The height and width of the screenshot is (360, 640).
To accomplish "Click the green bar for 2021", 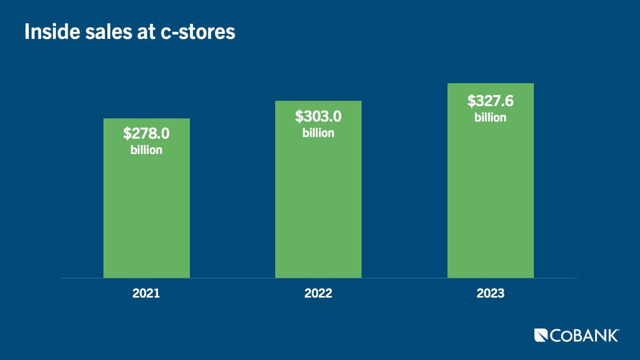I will (x=146, y=213).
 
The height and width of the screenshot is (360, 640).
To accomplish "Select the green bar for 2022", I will (x=318, y=208).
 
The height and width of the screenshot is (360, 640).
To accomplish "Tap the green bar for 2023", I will (x=490, y=203).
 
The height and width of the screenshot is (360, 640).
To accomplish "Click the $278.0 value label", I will (x=146, y=133).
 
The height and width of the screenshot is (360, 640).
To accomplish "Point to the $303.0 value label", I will (x=318, y=116).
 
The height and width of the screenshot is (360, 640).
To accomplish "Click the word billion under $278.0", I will (x=146, y=150).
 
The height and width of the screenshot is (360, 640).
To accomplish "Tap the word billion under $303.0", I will (x=318, y=133).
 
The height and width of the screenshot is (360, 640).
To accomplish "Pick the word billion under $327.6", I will (x=490, y=117).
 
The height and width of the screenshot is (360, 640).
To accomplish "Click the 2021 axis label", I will (x=146, y=294).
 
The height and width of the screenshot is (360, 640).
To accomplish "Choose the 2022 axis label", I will (x=318, y=294).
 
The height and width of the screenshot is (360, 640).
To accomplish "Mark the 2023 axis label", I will (x=490, y=294).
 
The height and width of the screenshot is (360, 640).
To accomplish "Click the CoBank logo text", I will (x=585, y=335).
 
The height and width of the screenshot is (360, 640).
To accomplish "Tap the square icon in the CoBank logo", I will (x=541, y=335).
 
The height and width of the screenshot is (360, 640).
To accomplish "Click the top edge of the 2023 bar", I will (x=490, y=84).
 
